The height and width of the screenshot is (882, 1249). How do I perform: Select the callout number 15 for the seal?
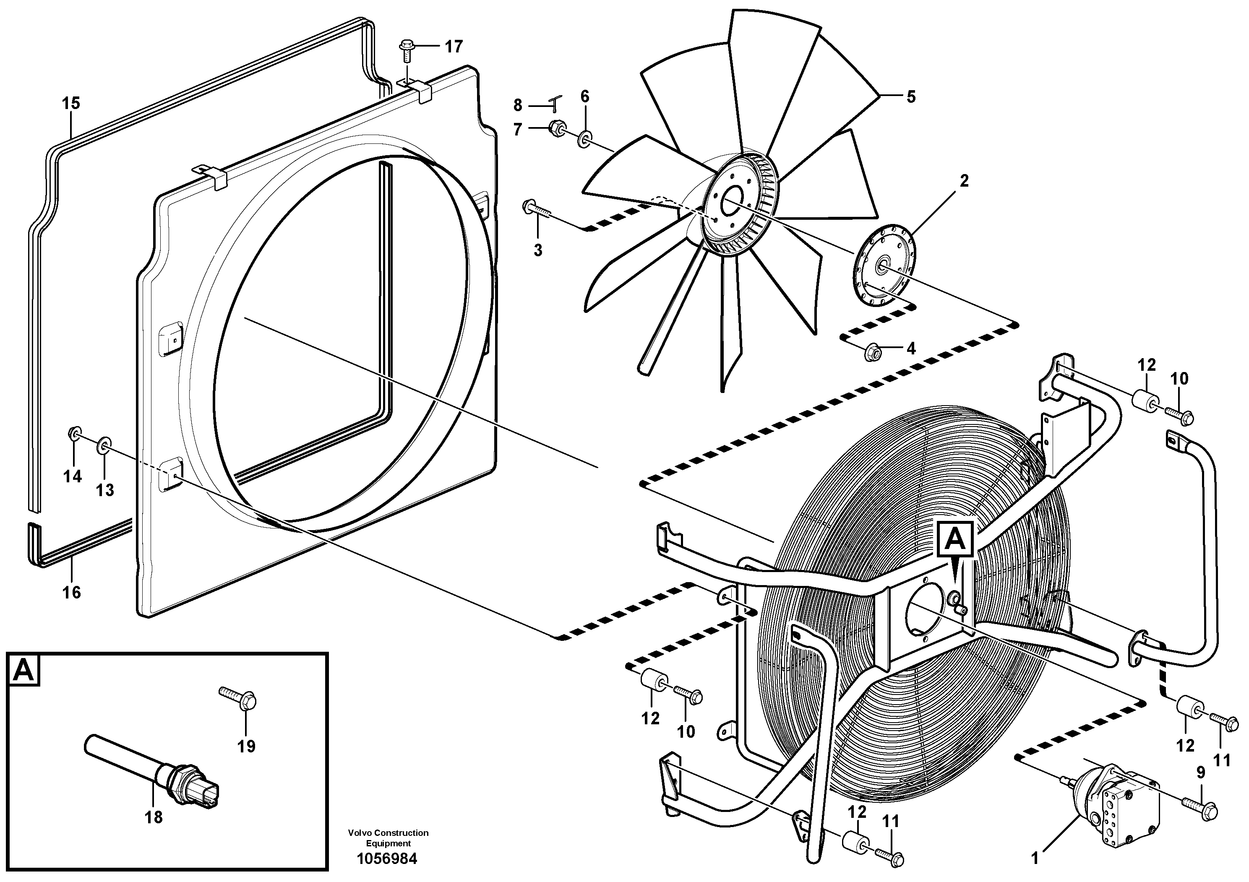coord(71,103)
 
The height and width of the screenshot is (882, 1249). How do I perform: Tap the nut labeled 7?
coord(555,130)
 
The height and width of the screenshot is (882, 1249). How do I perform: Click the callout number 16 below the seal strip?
coord(71,592)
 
